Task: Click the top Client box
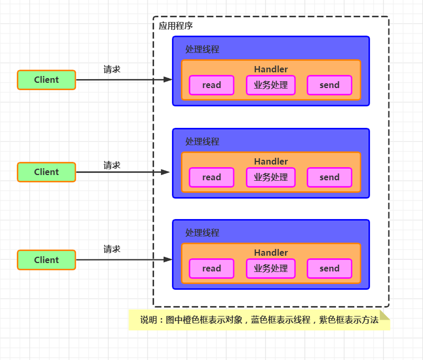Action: click(x=46, y=80)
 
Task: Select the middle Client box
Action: click(x=46, y=172)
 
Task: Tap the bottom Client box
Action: click(x=46, y=260)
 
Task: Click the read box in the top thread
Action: click(x=211, y=85)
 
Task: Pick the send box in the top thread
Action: click(x=329, y=85)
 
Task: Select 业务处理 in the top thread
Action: click(x=270, y=85)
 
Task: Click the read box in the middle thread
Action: click(x=211, y=177)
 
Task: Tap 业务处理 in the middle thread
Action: click(x=270, y=177)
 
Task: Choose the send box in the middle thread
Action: click(x=329, y=177)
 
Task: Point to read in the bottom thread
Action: click(x=211, y=268)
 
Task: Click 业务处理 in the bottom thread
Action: click(x=270, y=268)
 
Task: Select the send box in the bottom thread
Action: click(x=329, y=268)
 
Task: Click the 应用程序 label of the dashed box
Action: click(x=176, y=26)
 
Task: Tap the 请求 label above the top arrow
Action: click(x=112, y=69)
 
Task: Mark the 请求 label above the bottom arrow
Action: click(x=112, y=249)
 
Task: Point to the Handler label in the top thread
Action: click(x=270, y=69)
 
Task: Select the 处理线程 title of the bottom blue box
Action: click(x=202, y=233)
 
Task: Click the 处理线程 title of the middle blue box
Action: click(x=202, y=141)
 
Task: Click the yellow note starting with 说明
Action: click(x=259, y=320)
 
